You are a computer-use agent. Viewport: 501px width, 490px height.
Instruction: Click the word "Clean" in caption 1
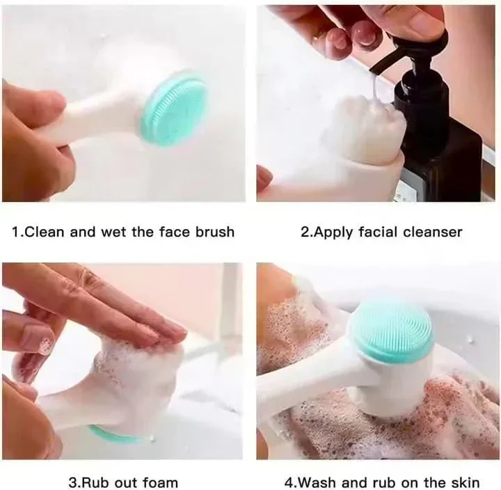pos(44,232)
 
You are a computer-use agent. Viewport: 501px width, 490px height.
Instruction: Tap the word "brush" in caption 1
pos(215,232)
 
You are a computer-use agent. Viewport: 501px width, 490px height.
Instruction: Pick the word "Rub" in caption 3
pos(95,482)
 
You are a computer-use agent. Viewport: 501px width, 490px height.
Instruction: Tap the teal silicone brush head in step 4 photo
pos(391,331)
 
